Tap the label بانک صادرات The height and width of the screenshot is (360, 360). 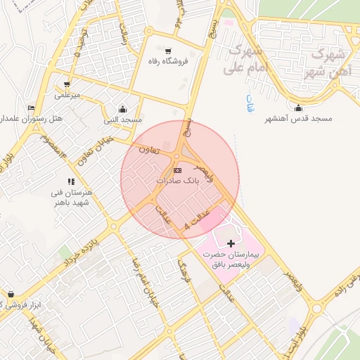[x=177, y=181]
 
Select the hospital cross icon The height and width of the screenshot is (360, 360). [x=231, y=242]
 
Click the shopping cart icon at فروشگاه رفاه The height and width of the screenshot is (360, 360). [x=167, y=51]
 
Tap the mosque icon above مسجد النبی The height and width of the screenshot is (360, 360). [x=123, y=109]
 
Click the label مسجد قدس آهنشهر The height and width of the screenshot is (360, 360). [x=298, y=119]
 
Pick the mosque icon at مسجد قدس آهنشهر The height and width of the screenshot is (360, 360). [x=299, y=108]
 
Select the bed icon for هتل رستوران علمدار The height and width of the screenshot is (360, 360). [x=30, y=108]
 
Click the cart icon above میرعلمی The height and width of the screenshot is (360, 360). [x=67, y=84]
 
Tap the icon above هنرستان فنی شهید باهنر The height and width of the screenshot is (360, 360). [x=71, y=181]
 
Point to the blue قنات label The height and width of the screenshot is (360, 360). [x=249, y=102]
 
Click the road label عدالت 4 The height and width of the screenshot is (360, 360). [x=198, y=219]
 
